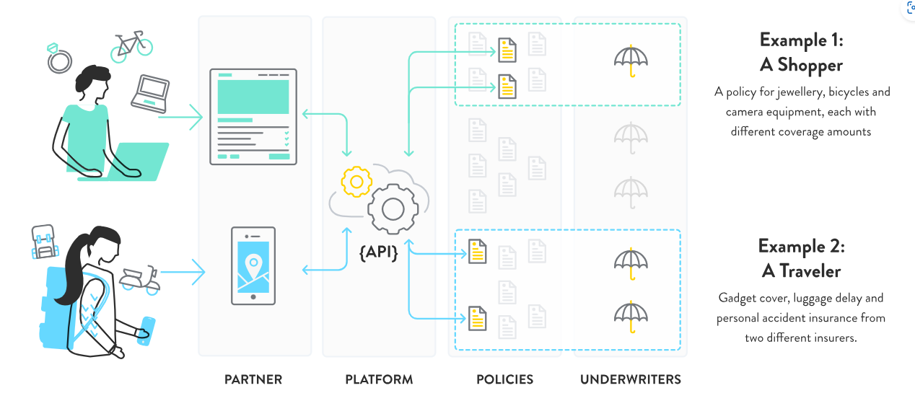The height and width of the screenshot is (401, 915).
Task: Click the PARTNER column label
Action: pos(253,379)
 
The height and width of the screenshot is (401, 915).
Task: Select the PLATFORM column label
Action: pos(379,379)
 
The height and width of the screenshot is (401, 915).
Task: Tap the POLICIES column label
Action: pos(504,379)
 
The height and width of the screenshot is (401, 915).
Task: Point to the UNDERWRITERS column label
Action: pos(631,379)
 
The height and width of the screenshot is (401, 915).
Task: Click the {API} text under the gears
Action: pos(379,252)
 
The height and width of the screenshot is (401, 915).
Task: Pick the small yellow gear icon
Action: pos(356,181)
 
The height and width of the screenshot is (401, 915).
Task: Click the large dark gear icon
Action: pos(393,209)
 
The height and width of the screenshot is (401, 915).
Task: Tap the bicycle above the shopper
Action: pos(131,45)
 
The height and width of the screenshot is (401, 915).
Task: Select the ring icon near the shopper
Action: pos(59,61)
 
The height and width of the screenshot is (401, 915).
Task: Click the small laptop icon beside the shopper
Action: pos(150,93)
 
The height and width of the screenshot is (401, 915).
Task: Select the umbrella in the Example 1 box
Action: pos(630,61)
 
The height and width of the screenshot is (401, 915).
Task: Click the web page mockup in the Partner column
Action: pos(253,117)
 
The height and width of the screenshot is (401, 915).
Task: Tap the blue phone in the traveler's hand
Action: pos(146,331)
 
